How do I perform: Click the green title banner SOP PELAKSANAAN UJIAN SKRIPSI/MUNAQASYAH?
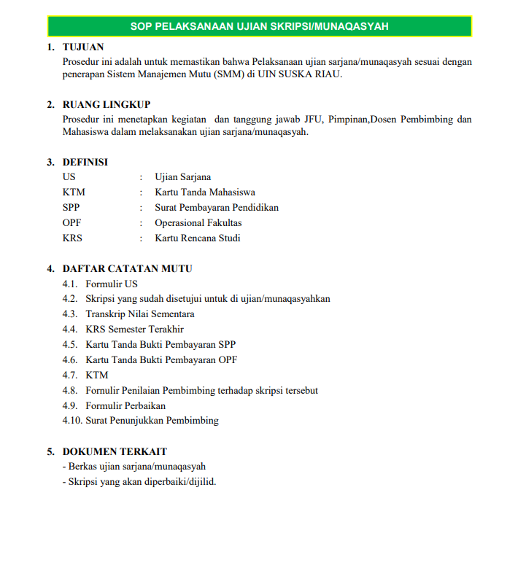pyautogui.click(x=259, y=26)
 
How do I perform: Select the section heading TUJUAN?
pyautogui.click(x=83, y=47)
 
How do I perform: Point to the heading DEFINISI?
pyautogui.click(x=85, y=162)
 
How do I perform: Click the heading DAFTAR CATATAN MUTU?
pyautogui.click(x=128, y=268)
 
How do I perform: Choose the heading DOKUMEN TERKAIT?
pyautogui.click(x=115, y=451)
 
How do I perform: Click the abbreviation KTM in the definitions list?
pyautogui.click(x=74, y=192)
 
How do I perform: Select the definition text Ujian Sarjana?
pyautogui.click(x=183, y=177)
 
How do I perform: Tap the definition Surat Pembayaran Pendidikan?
pyautogui.click(x=217, y=208)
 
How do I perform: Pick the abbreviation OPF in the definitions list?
pyautogui.click(x=71, y=223)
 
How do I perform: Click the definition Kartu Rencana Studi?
pyautogui.click(x=198, y=238)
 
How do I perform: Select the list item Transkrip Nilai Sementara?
pyautogui.click(x=139, y=314)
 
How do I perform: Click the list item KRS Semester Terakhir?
pyautogui.click(x=134, y=330)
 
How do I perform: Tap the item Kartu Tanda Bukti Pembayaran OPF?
pyautogui.click(x=161, y=359)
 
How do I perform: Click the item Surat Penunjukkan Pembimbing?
pyautogui.click(x=152, y=421)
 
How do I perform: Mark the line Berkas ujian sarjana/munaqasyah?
pyautogui.click(x=136, y=467)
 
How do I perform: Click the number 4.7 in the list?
pyautogui.click(x=70, y=375)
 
